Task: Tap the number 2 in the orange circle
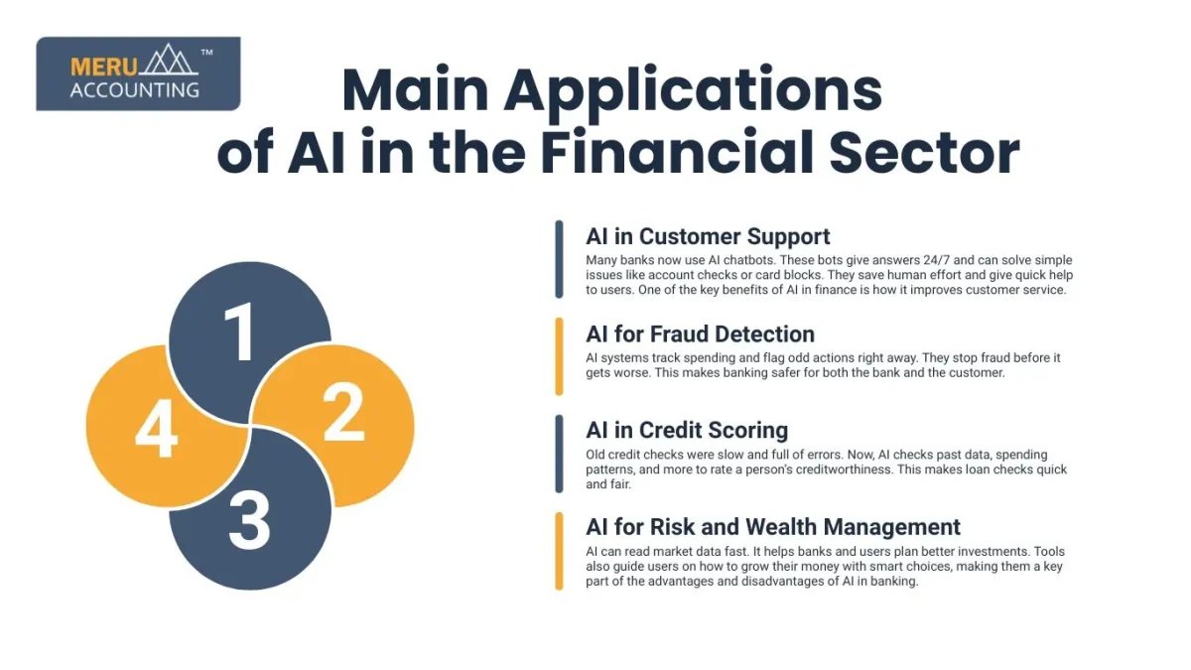click(x=344, y=417)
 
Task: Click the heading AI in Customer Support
click(x=708, y=236)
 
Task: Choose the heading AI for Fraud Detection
click(x=700, y=334)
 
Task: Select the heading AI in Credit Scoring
click(x=687, y=430)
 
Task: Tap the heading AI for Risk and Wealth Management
click(x=773, y=527)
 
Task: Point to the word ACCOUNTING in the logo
click(x=135, y=89)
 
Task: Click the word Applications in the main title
click(x=695, y=91)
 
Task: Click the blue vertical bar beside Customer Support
click(x=559, y=259)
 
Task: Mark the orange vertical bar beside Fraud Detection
click(x=559, y=355)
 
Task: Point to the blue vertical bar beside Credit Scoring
click(x=559, y=453)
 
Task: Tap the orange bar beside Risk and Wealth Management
click(x=559, y=551)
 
